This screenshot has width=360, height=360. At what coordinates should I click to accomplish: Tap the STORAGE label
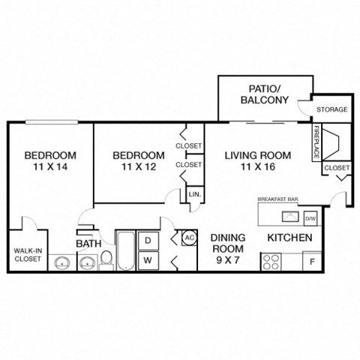(x=331, y=110)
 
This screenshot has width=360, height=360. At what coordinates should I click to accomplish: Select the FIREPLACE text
(x=316, y=142)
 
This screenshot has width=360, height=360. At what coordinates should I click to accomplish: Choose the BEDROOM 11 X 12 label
(x=139, y=162)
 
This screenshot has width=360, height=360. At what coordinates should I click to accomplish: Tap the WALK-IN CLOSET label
(x=28, y=255)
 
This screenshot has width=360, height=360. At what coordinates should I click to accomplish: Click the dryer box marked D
(x=148, y=240)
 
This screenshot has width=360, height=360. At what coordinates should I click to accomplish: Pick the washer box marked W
(x=148, y=259)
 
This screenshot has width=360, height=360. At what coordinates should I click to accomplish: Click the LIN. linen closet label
(x=193, y=194)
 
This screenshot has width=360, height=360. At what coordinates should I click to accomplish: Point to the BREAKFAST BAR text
(x=277, y=200)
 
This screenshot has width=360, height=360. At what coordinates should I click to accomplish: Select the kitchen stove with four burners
(x=271, y=262)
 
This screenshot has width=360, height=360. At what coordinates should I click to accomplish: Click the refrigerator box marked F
(x=312, y=262)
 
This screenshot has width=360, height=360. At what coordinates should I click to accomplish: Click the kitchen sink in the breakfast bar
(x=286, y=217)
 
